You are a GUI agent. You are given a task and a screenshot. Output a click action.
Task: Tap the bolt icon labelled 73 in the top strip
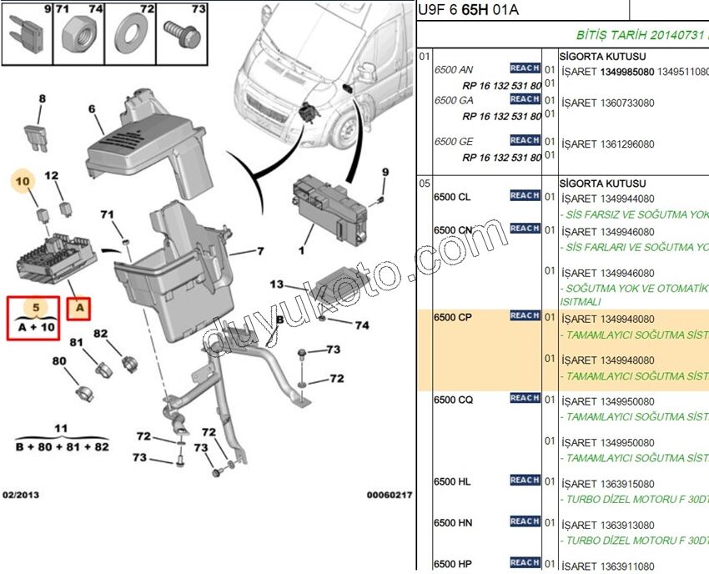click(179, 34)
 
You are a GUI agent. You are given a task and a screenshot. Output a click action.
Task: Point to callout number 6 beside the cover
click(92, 108)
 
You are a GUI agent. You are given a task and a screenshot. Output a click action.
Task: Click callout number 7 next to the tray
click(259, 250)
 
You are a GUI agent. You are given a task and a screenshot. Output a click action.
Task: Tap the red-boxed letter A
click(80, 309)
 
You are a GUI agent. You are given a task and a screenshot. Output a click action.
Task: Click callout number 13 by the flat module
click(277, 284)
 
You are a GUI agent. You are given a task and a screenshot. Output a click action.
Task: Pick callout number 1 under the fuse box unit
click(302, 249)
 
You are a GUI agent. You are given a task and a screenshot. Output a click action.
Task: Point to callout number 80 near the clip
click(59, 361)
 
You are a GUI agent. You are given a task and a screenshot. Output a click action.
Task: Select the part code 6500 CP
click(452, 318)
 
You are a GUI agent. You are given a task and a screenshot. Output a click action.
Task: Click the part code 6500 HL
click(452, 482)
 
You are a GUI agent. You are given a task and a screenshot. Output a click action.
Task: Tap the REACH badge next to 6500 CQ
click(525, 399)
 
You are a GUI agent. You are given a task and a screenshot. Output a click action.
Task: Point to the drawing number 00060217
click(389, 495)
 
